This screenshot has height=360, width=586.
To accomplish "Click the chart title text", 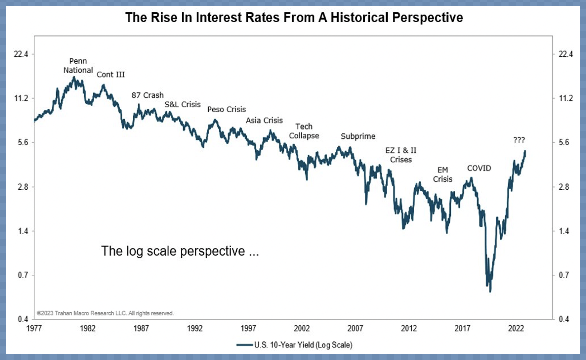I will (x=294, y=17).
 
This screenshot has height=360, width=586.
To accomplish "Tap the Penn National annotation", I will (x=78, y=66).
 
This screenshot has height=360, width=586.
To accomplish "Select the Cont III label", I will (x=111, y=75).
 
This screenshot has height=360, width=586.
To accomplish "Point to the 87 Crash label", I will (x=147, y=95).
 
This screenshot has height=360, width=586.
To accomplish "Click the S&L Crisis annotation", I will (x=183, y=104).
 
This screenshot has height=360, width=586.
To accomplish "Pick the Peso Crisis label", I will (x=227, y=109).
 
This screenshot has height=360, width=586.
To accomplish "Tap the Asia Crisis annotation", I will (x=264, y=120).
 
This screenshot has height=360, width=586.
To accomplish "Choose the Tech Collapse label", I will (x=304, y=131).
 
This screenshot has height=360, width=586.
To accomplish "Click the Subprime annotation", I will (x=358, y=136).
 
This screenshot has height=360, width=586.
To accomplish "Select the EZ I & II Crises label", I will (x=401, y=155).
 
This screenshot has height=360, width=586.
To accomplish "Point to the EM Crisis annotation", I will (x=443, y=175).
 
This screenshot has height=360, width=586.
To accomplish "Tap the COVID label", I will (x=479, y=168).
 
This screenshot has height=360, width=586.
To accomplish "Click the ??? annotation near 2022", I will (x=519, y=140).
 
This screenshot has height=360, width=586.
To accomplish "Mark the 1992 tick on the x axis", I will (x=195, y=328).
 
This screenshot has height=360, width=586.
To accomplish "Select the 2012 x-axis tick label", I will (x=409, y=328).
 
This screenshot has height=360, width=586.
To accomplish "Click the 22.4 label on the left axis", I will (x=21, y=54).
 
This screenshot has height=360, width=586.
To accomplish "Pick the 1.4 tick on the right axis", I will (x=564, y=231).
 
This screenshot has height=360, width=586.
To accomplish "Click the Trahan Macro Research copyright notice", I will (x=105, y=313).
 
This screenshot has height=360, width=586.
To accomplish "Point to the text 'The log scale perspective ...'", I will (x=180, y=251).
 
